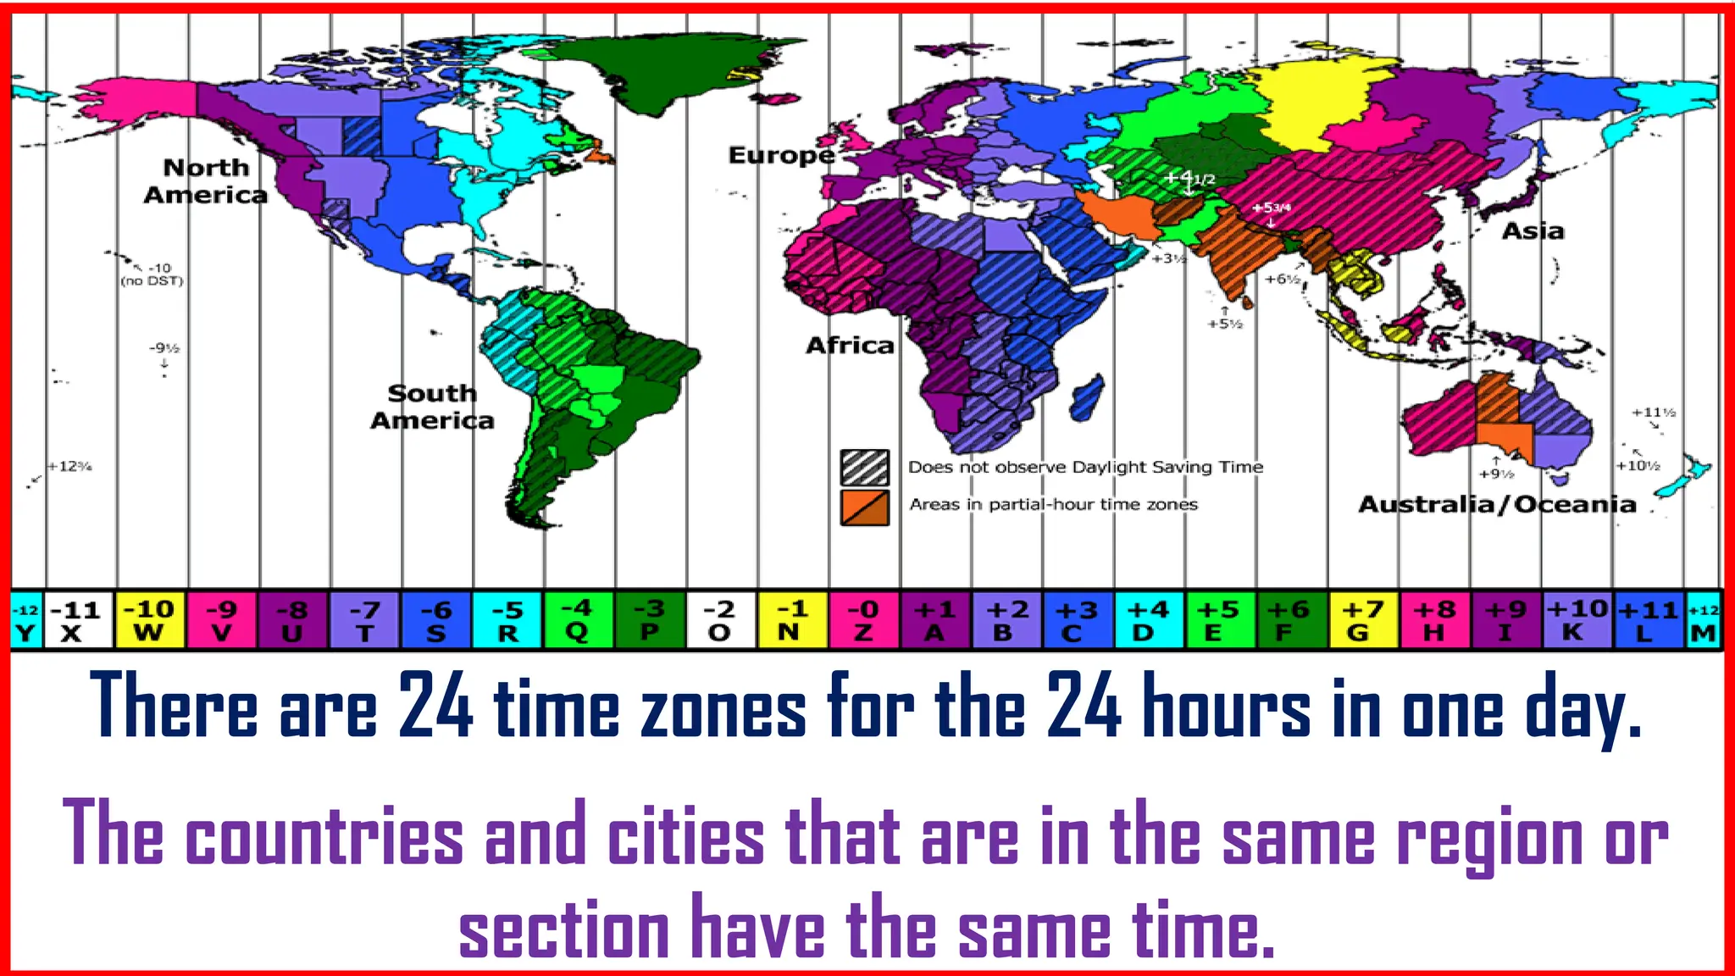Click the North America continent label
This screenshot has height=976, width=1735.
205,181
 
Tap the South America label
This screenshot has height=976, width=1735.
432,407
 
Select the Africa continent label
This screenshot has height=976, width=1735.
850,346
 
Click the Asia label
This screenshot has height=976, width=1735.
1533,231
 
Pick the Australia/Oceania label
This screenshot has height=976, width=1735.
1497,505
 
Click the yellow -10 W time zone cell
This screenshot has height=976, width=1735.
149,620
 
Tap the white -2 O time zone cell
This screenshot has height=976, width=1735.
720,620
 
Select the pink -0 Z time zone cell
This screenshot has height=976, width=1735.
863,620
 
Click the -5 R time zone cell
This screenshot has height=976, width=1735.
507,620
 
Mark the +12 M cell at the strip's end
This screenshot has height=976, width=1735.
1704,620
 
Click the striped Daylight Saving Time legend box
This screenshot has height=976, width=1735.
865,467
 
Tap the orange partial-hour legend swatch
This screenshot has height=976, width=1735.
865,507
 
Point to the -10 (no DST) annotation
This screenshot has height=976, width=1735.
152,274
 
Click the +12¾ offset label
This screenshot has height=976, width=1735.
69,467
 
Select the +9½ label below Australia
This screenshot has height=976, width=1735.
1496,474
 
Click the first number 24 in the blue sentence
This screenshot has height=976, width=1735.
435,706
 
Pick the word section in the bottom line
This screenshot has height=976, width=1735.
563,928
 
